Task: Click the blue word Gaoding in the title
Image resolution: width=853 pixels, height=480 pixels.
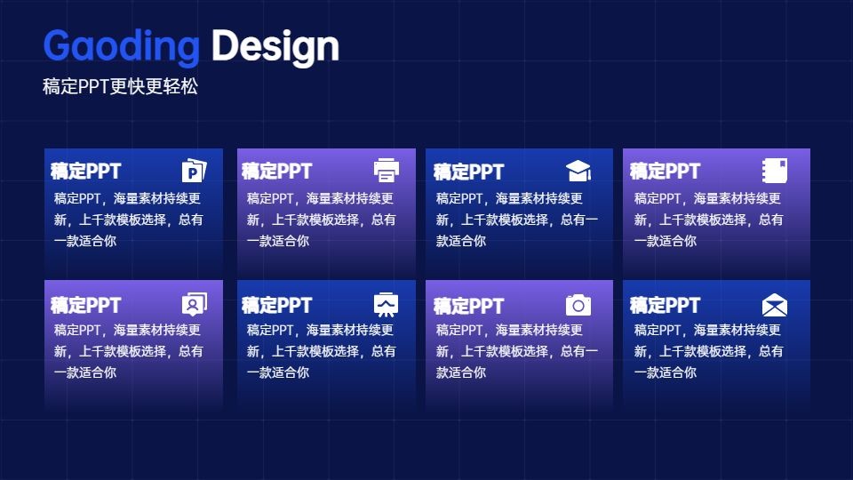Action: point(122,47)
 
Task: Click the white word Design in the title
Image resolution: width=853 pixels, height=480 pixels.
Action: point(275,47)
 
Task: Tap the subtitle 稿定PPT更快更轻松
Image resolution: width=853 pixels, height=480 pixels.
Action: point(120,86)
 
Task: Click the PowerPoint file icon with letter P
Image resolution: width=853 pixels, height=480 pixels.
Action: point(195,171)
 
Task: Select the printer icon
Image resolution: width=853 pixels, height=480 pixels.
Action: point(387,171)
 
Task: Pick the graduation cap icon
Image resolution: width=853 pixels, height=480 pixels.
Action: point(578,171)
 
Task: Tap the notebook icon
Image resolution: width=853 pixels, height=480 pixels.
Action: point(775,171)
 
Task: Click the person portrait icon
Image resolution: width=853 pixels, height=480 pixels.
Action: point(195,304)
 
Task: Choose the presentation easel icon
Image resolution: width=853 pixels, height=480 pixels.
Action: point(387,305)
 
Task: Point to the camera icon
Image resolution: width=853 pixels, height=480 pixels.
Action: point(578,305)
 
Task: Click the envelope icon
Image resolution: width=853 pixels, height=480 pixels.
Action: point(775,305)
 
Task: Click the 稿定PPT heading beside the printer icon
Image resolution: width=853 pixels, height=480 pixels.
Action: point(277,171)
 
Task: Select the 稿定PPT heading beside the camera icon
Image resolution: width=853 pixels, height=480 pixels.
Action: point(469,306)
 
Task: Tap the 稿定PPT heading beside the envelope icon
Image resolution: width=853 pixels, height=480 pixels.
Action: point(665,305)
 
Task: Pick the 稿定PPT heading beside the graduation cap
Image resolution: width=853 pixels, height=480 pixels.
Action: point(469,172)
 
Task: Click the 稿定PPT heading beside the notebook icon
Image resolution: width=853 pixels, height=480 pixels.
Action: point(665,171)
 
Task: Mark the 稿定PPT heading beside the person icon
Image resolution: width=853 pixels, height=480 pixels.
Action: point(85,305)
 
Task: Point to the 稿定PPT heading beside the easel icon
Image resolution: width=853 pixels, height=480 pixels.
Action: point(277,305)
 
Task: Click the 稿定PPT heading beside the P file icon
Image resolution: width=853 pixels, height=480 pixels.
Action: point(85,171)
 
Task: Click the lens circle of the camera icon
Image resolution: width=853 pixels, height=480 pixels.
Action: point(578,306)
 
